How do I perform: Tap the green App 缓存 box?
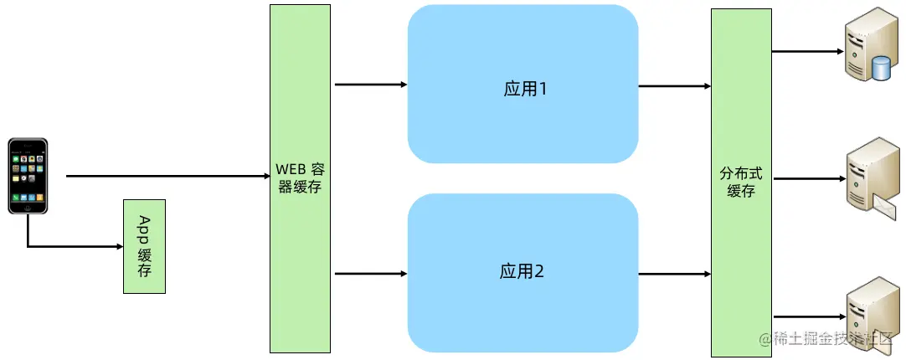pos(144,246)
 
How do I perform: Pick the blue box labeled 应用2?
pos(522,272)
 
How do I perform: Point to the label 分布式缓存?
pos(741,183)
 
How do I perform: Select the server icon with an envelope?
pos(870,178)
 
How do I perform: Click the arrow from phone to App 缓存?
pos(75,246)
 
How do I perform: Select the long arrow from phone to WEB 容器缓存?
pos(167,177)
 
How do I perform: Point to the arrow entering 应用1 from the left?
pos(370,85)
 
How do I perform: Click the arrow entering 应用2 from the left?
pos(370,273)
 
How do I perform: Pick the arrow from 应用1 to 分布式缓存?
pos(674,85)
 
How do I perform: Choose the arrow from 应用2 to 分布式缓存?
pos(674,273)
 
